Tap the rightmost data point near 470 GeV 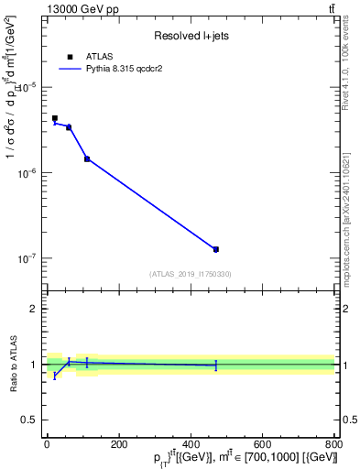click(216, 249)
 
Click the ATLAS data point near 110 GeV click(87, 158)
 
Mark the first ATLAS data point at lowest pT click(55, 118)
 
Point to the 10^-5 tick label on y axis click(27, 87)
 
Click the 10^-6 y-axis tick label click(27, 173)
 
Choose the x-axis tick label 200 click(119, 444)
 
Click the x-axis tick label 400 click(191, 444)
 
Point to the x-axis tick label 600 click(262, 444)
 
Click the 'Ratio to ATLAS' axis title click(14, 365)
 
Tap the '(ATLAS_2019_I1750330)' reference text click(191, 274)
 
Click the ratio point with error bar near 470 click(216, 365)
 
